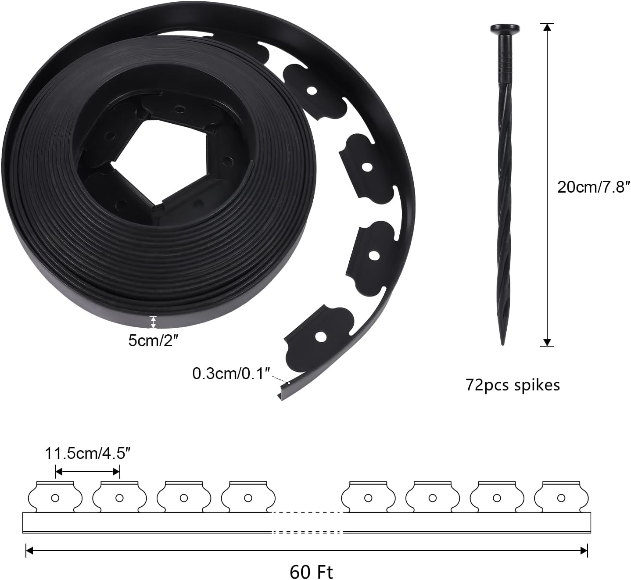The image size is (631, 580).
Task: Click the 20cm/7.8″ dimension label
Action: coord(593,187)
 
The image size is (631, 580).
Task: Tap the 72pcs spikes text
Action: coord(513,385)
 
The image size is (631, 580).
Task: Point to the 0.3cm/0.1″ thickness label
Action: coord(230,373)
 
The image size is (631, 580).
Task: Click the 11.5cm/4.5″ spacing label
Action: coord(88,453)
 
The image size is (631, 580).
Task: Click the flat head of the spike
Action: coord(505,29)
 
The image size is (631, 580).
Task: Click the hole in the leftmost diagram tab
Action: coord(55,498)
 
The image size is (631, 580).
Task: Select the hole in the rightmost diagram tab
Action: coord(561,498)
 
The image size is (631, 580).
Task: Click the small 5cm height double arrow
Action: coord(153,322)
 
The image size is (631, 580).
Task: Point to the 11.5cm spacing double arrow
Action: coord(88,472)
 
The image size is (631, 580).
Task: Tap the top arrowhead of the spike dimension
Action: coord(547,27)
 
